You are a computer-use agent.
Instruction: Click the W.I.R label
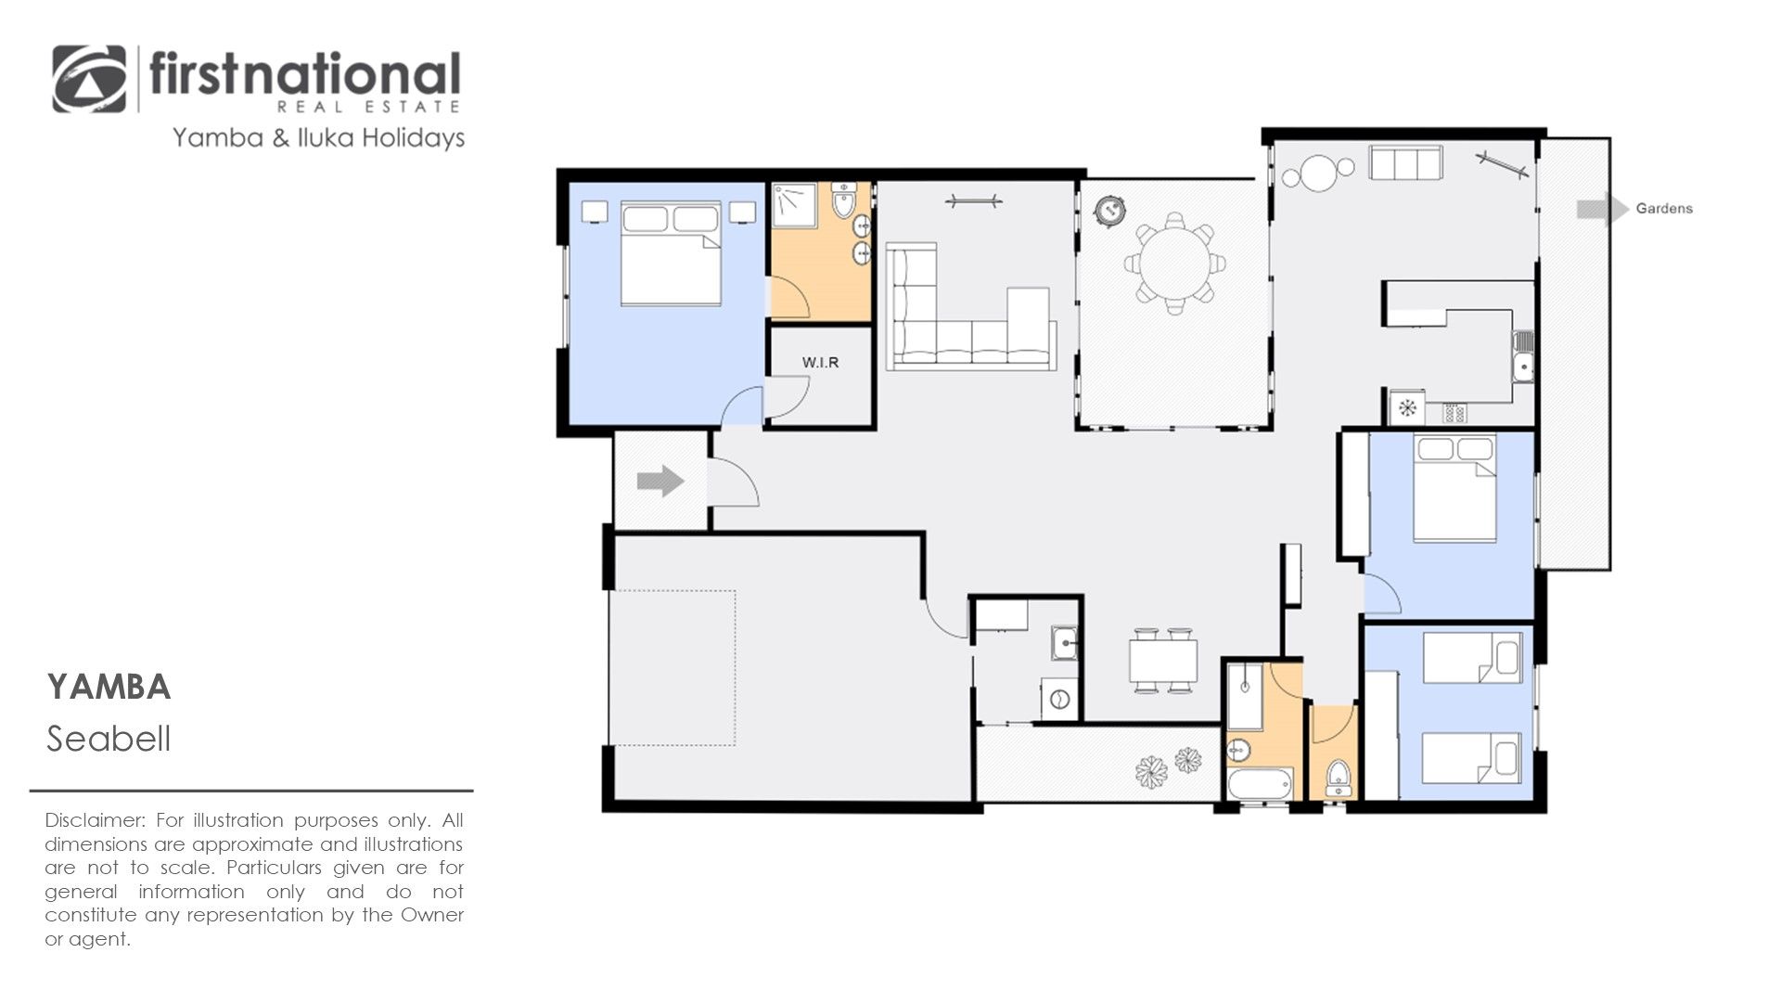(820, 362)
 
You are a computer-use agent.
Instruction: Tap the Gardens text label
(1664, 209)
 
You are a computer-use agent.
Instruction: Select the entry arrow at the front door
(660, 481)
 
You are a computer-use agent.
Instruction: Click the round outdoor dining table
(1175, 264)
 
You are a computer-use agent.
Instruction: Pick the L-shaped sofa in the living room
(970, 306)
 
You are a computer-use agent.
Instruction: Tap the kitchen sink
(1522, 356)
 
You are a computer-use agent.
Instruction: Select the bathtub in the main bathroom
(1260, 784)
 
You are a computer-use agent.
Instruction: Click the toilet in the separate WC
(1337, 778)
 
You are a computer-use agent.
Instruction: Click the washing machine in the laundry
(1060, 699)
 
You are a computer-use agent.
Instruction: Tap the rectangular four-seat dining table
(1163, 661)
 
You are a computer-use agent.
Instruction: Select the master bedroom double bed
(671, 254)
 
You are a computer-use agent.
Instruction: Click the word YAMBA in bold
(109, 688)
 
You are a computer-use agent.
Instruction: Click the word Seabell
(109, 739)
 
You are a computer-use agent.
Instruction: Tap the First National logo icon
(89, 79)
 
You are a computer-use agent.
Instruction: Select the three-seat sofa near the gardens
(1405, 163)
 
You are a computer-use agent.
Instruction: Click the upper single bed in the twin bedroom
(1472, 658)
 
